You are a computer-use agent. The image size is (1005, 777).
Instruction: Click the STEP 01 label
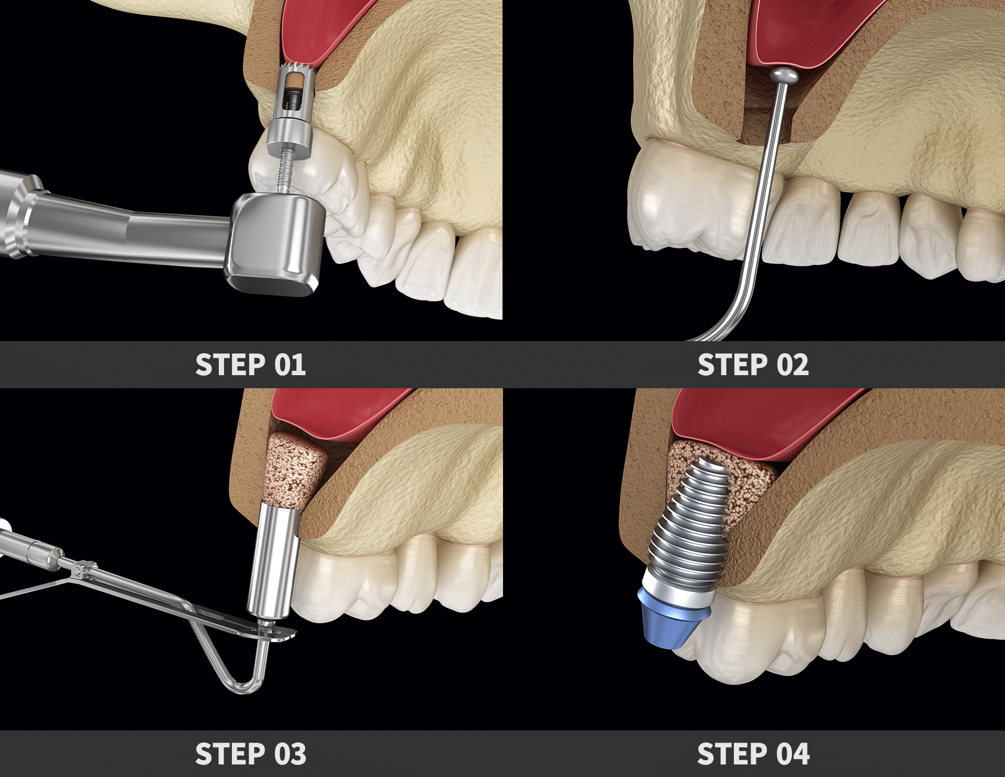(x=250, y=365)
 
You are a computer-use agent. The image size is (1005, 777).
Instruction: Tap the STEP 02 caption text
(x=753, y=365)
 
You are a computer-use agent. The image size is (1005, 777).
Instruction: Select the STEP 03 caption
(x=250, y=754)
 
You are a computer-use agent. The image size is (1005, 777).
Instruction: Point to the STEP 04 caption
(x=753, y=754)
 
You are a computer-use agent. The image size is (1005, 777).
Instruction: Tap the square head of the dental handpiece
(x=272, y=243)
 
